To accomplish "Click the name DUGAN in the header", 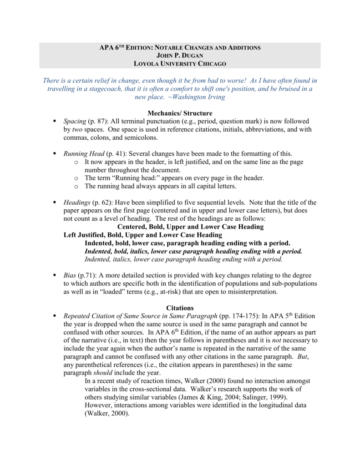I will coord(194,56).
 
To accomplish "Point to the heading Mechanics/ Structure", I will coord(180,113).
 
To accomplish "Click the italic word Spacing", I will coord(75,121).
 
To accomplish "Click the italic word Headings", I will coord(77,203).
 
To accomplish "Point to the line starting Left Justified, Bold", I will coord(142,235).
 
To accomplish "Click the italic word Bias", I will coord(70,276).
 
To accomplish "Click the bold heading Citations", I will coord(180,308).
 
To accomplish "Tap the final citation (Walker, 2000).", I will coord(107,414).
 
